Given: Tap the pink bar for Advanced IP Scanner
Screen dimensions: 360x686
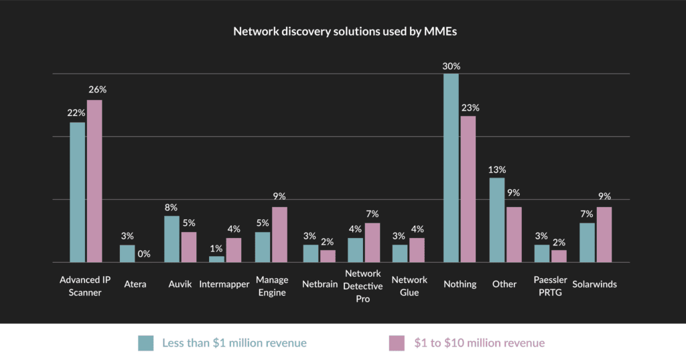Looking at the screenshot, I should click(94, 181).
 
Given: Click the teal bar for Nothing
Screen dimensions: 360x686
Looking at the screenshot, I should click(451, 168).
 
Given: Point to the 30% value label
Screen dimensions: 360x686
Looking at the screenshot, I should click(451, 66).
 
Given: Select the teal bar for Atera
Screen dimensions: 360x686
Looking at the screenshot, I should click(127, 253).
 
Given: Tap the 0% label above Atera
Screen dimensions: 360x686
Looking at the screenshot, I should click(144, 254).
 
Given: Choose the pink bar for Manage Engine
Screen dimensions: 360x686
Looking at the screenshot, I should click(279, 235).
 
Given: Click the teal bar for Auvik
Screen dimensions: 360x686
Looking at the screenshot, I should click(171, 239).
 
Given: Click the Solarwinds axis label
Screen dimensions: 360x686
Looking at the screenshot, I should click(594, 284).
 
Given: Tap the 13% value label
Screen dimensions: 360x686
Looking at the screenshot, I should click(497, 170).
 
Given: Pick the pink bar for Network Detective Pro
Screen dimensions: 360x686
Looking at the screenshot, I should click(372, 243).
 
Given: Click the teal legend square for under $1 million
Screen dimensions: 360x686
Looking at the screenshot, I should click(146, 343).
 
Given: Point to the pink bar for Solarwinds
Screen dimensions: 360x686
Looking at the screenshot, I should click(604, 235).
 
